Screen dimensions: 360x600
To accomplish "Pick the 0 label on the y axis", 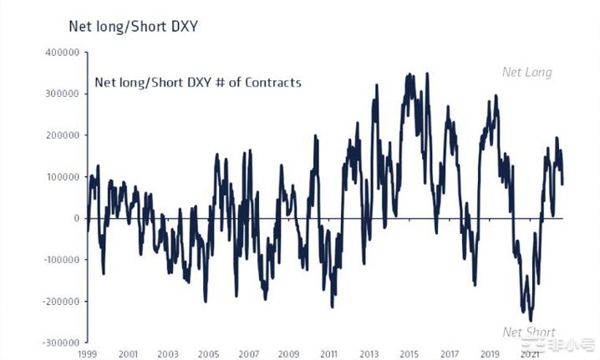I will click(75, 219).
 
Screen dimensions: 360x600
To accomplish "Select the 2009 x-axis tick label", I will click(288, 354).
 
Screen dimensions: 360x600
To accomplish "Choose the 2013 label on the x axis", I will click(369, 354).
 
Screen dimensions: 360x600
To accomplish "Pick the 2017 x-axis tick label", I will click(450, 354).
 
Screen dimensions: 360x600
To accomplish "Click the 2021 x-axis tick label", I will click(530, 354).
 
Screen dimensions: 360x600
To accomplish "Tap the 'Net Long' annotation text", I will click(526, 73).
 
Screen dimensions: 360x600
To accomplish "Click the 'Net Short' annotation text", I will click(529, 332).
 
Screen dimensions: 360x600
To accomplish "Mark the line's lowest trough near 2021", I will click(531, 320).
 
